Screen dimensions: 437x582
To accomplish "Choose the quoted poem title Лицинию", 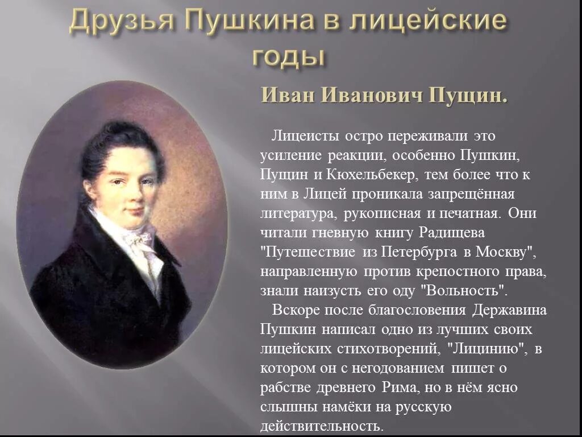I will pyautogui.click(x=485, y=349).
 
